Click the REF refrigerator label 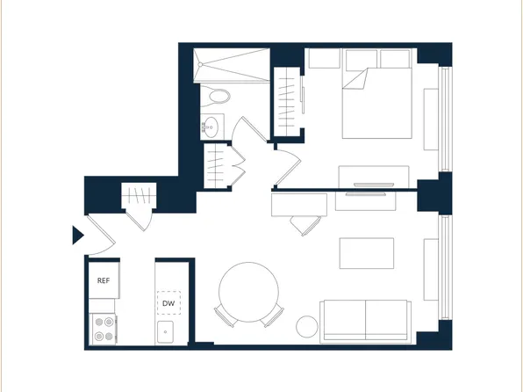point(104,280)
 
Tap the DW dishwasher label point(168,303)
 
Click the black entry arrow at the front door point(76,235)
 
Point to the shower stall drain point(201,63)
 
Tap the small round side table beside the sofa point(307,326)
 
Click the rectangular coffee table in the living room point(366,253)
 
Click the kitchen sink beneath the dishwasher point(168,331)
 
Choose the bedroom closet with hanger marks point(287,100)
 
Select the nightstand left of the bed point(324,59)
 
